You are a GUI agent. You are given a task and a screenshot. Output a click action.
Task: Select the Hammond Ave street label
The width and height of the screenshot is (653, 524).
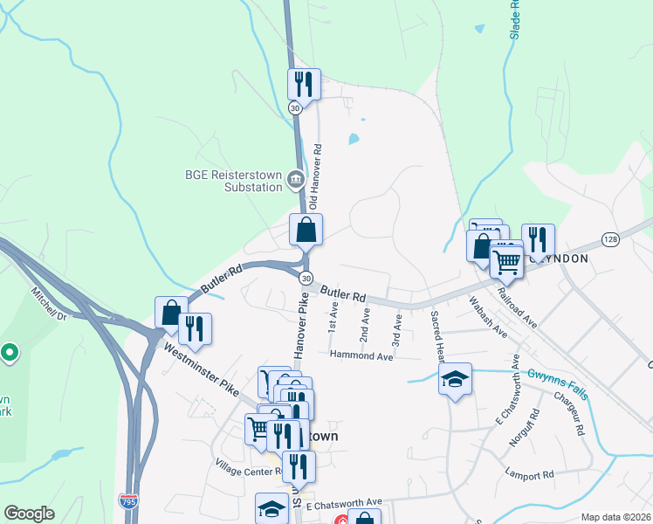(361, 355)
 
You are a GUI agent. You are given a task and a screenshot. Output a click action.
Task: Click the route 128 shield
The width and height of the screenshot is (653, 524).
(610, 238)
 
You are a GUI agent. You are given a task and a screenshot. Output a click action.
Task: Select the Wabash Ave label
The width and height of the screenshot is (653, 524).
(487, 319)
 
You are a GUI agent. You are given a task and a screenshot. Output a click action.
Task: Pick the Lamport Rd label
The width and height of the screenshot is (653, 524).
(529, 475)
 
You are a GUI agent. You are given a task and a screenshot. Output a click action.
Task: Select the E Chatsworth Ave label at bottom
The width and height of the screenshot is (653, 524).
(342, 501)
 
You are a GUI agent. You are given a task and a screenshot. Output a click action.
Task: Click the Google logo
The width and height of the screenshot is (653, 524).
(29, 514)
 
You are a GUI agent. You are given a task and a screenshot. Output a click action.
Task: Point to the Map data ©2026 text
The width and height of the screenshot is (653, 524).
(615, 517)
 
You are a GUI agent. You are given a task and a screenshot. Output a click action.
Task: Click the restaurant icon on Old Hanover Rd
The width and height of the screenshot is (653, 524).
(304, 84)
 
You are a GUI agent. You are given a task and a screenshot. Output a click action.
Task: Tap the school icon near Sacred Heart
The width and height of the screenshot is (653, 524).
(455, 378)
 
